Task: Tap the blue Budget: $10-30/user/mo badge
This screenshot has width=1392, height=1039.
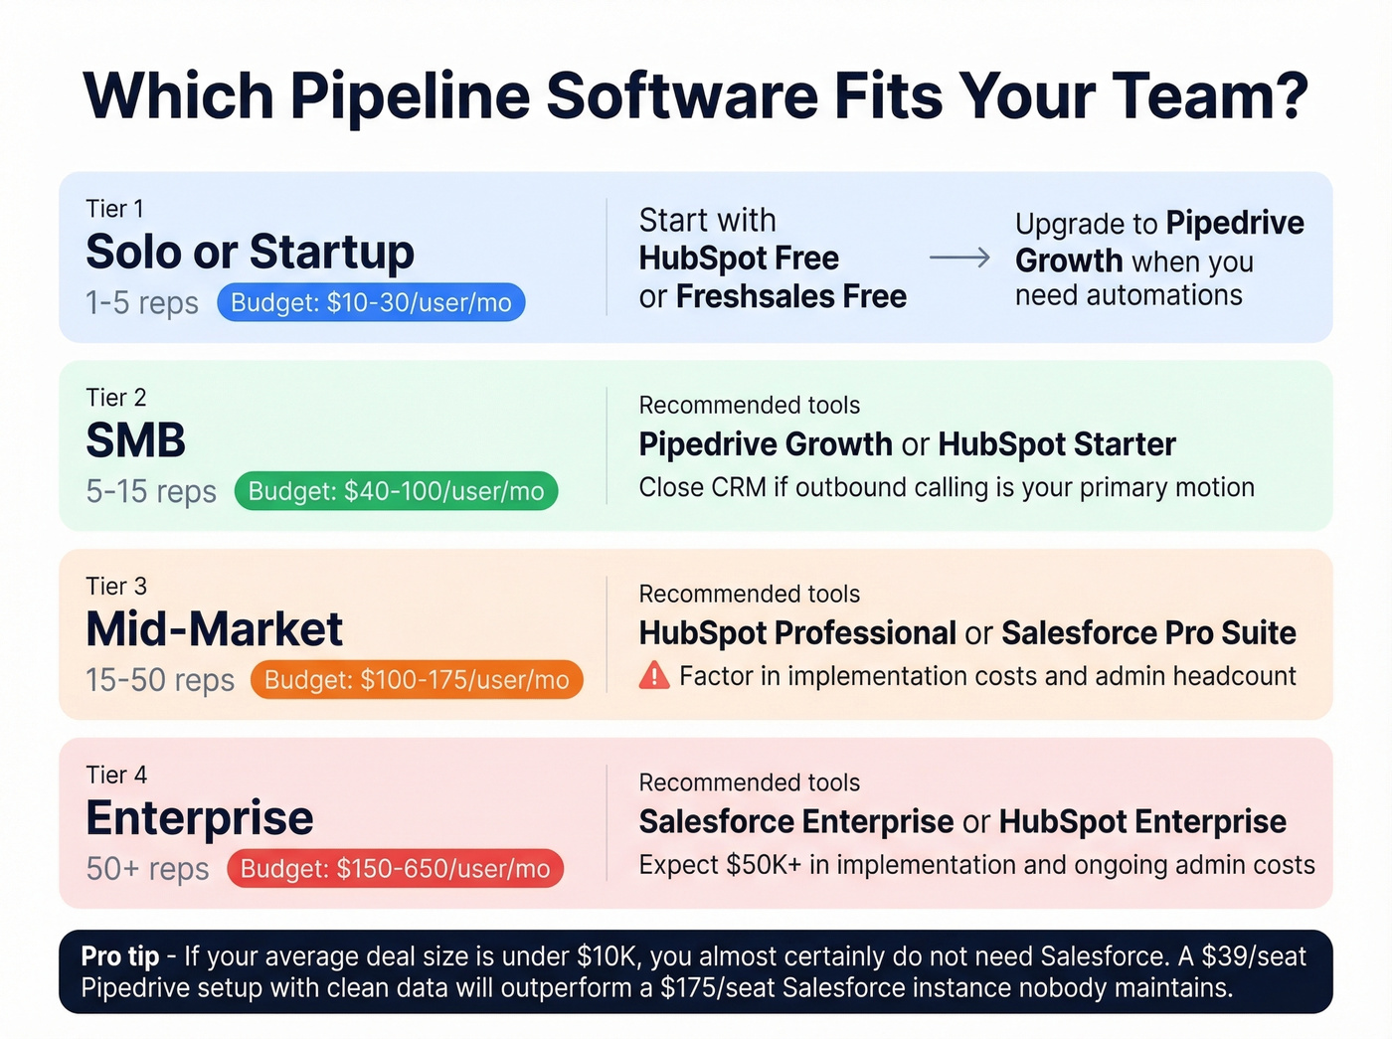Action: [371, 302]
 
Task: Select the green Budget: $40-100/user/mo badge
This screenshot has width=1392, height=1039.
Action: [396, 491]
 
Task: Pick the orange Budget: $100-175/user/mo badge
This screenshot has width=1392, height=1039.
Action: [417, 680]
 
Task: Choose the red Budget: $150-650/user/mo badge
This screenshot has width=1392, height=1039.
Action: [395, 869]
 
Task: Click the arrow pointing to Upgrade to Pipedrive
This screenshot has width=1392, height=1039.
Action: [959, 258]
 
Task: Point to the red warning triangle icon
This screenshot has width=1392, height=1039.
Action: [654, 676]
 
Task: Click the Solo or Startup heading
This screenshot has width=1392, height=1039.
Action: [250, 252]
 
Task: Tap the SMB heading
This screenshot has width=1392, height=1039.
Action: [136, 440]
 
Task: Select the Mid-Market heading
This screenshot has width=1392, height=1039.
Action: [214, 629]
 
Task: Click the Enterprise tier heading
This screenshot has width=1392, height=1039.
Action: [200, 818]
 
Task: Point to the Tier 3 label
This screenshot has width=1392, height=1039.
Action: [116, 587]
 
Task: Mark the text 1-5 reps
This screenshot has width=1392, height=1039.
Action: [142, 303]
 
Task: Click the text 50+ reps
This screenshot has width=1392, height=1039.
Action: [147, 869]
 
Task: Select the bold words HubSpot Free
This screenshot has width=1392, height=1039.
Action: [739, 259]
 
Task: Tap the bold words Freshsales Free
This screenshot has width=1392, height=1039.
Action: [790, 296]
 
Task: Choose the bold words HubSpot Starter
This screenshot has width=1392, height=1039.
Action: [1056, 444]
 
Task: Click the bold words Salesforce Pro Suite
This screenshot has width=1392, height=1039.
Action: [1148, 633]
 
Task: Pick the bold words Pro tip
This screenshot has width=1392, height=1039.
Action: [120, 956]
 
